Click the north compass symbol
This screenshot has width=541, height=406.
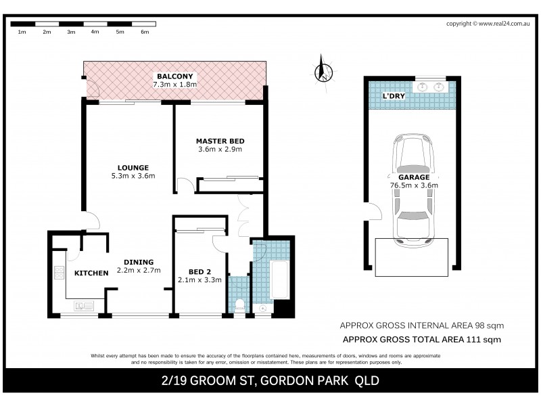325,69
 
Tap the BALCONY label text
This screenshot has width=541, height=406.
175,76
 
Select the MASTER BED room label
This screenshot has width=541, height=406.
220,141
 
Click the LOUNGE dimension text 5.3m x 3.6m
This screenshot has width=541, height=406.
133,177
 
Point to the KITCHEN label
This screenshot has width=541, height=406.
91,273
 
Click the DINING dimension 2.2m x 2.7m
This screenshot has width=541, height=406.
138,271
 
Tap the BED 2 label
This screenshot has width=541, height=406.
199,271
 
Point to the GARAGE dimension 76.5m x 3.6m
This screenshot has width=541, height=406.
413,185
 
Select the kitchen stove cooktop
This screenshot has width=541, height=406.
59,273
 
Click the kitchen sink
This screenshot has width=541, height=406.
85,307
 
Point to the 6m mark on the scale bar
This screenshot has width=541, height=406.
144,32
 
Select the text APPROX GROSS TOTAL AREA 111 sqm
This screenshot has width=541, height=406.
422,340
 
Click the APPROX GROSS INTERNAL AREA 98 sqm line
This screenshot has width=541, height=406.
421,325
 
